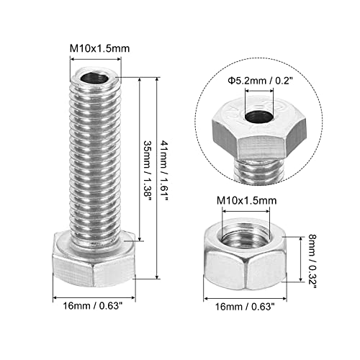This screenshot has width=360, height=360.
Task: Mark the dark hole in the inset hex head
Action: coord(256,119)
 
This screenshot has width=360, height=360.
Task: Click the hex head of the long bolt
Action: coord(94,266)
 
